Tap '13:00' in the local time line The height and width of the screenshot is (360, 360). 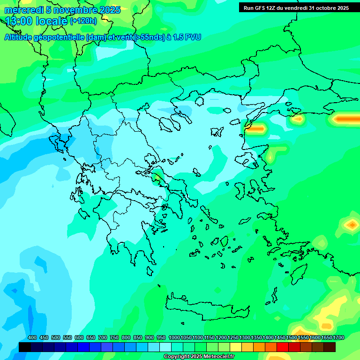17,21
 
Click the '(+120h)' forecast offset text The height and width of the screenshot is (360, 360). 83,21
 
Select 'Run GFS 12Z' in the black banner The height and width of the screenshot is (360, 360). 262,8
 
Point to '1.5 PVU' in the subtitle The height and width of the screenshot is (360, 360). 187,37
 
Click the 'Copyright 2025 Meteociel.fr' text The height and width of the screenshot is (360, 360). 199,357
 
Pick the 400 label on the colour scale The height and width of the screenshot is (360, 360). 32,337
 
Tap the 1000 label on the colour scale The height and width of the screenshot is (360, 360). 174,337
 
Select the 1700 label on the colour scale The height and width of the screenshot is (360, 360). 338,337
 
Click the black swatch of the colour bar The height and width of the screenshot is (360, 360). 25,347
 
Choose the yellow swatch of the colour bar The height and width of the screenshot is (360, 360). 236,347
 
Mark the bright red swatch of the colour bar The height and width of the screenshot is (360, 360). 283,347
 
